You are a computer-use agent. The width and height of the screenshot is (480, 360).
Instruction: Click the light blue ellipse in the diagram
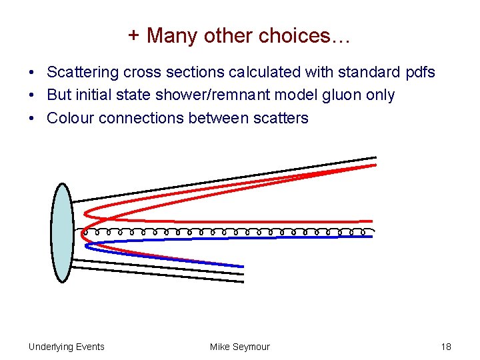(x=62, y=233)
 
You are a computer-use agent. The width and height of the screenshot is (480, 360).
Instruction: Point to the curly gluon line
(x=227, y=232)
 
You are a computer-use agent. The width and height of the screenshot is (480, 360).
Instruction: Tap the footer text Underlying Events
(x=67, y=347)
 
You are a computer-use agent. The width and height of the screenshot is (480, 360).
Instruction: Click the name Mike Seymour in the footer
(x=240, y=347)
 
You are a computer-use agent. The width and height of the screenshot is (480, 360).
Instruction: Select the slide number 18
(x=446, y=347)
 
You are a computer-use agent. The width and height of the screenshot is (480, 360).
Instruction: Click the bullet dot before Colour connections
(x=32, y=119)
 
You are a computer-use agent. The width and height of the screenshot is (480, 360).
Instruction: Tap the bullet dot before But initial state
(x=32, y=96)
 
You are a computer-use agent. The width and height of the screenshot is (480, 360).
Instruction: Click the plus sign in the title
(x=134, y=36)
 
